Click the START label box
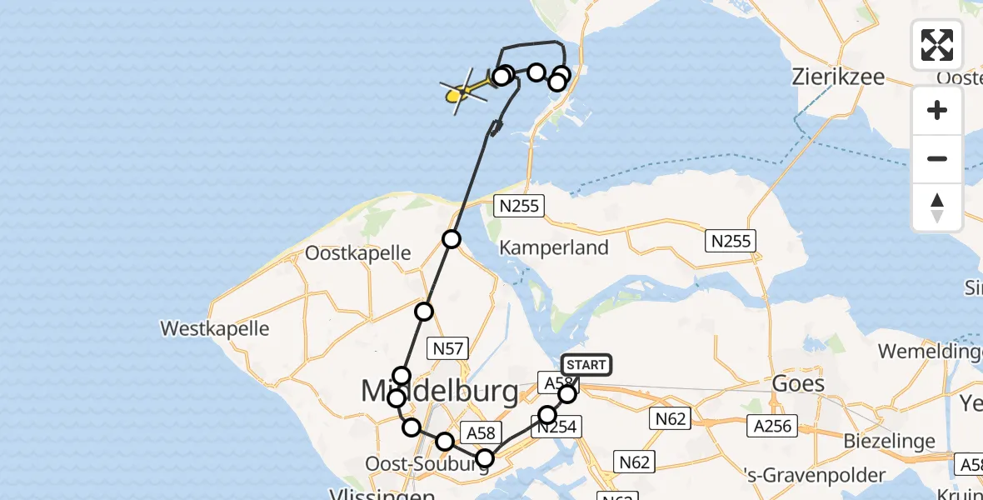586,365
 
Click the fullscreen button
937,45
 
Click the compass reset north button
937,207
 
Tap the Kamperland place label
554,247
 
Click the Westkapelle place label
215,328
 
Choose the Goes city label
798,383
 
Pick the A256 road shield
771,427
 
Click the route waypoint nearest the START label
567,393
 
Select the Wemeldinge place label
930,351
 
